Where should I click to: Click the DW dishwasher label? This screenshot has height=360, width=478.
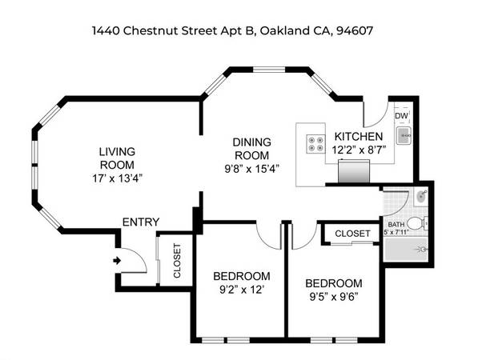click(401, 116)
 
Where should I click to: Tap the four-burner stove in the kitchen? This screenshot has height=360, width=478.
click(315, 144)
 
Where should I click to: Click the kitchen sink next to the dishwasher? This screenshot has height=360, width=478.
click(404, 135)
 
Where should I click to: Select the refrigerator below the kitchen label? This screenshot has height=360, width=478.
click(354, 171)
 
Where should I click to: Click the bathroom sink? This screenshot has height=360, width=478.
click(422, 196)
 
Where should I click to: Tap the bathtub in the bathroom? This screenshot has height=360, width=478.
click(405, 250)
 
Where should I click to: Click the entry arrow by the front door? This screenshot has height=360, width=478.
click(117, 261)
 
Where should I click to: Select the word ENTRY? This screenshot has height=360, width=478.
click(141, 222)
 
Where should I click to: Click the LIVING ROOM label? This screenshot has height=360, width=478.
click(118, 158)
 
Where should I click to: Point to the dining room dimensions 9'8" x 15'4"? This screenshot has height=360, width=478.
click(251, 169)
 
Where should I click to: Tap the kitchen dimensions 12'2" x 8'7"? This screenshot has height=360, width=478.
click(359, 150)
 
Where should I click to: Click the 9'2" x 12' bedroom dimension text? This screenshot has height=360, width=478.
click(242, 290)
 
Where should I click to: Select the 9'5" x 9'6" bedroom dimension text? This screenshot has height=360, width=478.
click(334, 297)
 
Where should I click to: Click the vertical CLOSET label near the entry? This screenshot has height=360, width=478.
click(177, 261)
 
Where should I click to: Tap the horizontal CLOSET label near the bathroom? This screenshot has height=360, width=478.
click(353, 234)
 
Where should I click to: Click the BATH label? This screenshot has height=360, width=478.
click(396, 225)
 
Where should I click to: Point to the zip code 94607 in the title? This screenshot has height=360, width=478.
click(355, 30)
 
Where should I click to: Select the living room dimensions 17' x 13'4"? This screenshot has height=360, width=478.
click(118, 178)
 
